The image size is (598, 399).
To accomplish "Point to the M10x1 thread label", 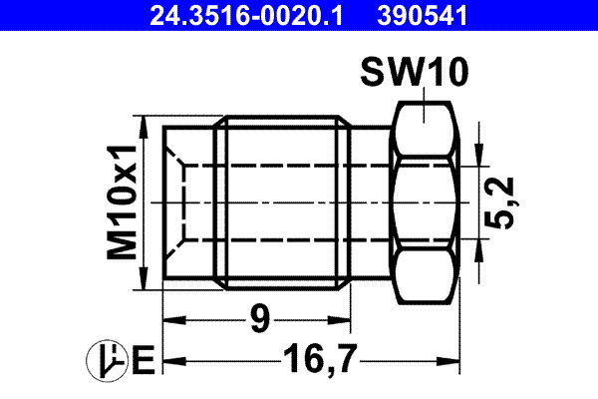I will (x=123, y=202).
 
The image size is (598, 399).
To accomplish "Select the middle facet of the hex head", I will (x=425, y=202).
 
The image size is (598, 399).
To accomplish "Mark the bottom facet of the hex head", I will (x=425, y=278).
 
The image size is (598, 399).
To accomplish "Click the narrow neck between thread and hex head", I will (x=372, y=202).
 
